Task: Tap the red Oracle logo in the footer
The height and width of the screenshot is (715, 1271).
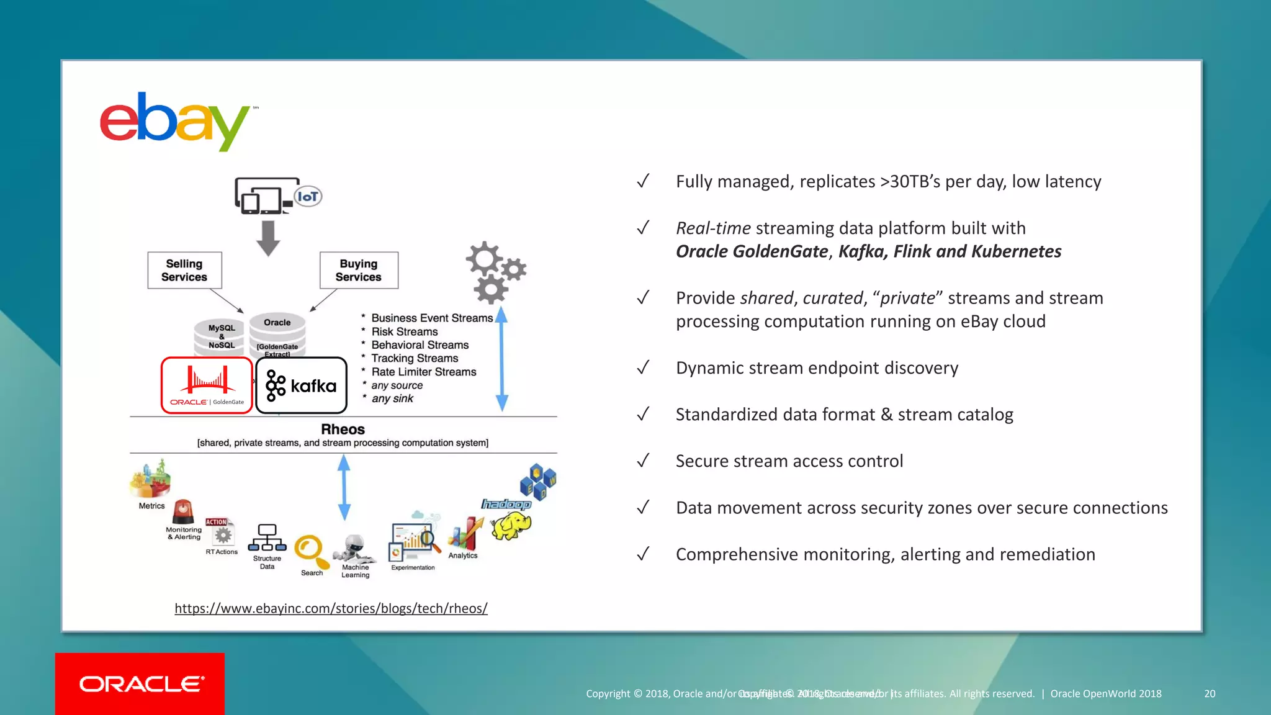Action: tap(140, 683)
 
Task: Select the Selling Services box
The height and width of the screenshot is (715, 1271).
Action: tap(184, 271)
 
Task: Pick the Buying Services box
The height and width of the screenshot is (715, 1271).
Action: tap(359, 271)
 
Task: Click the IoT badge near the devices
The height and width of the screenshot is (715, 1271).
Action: tap(308, 197)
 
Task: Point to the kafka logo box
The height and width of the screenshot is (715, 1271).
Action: tap(302, 385)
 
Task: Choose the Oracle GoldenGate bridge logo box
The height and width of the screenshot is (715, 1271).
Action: tap(207, 385)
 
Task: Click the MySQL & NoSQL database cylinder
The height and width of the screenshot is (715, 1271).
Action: tap(222, 337)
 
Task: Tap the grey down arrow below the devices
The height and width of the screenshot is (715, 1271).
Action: tap(268, 238)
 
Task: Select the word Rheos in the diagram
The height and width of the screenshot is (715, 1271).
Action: tap(343, 429)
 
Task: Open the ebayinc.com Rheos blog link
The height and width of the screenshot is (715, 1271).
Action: tap(331, 608)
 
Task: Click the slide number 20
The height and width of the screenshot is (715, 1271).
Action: tap(1210, 694)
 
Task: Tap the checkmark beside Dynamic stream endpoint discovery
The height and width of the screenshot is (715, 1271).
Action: tap(643, 367)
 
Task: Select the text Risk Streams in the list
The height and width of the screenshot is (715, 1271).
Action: tap(405, 332)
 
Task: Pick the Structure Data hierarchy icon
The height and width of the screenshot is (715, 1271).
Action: tap(267, 538)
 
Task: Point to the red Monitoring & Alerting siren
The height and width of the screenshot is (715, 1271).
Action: tap(183, 511)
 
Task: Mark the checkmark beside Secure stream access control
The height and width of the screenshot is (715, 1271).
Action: tap(643, 461)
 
